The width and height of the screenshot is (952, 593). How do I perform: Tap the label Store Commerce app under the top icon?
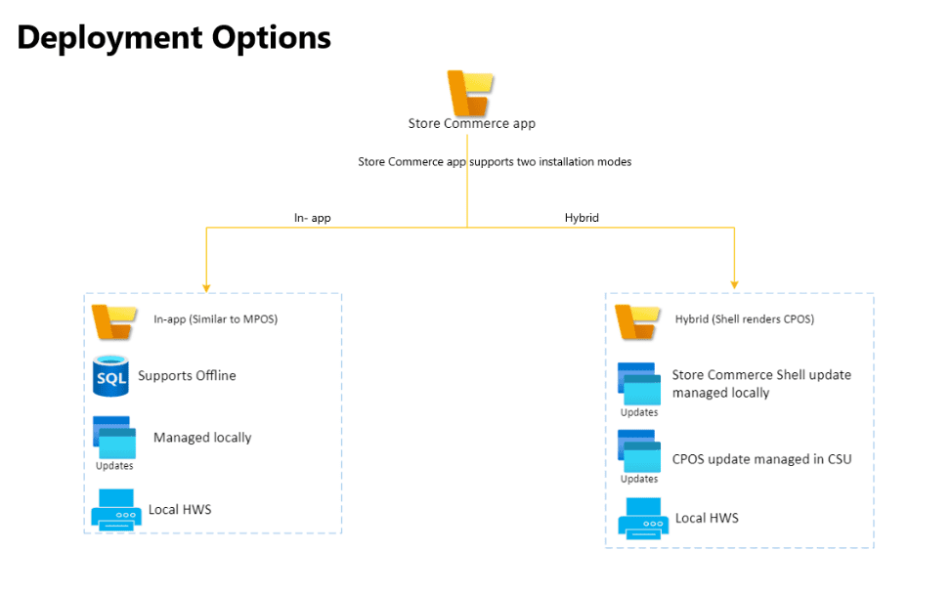coord(471,124)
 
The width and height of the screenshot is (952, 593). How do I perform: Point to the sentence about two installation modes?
coord(495,162)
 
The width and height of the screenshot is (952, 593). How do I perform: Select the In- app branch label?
coord(313,218)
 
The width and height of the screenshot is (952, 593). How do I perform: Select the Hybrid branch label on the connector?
coord(582,218)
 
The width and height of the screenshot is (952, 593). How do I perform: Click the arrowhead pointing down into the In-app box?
coord(206,286)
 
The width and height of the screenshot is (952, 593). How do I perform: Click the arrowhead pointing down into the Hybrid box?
coord(734,286)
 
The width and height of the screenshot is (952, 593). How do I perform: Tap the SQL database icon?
coord(110,376)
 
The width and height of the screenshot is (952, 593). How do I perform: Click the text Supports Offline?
coord(187,375)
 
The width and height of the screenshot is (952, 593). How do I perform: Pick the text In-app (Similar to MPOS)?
coord(216,319)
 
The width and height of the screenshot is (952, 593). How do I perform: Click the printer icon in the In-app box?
coord(114,510)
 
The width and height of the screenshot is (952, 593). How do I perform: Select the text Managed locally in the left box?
coord(202,438)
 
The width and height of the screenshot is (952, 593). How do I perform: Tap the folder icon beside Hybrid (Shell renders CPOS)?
coord(636,320)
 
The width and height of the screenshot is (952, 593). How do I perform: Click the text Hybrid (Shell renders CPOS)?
coord(745,319)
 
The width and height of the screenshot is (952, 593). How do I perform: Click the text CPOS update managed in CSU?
coord(761,458)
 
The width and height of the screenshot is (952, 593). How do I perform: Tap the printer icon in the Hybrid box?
coord(642,518)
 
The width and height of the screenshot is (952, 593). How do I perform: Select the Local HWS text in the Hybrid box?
coord(707,518)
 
